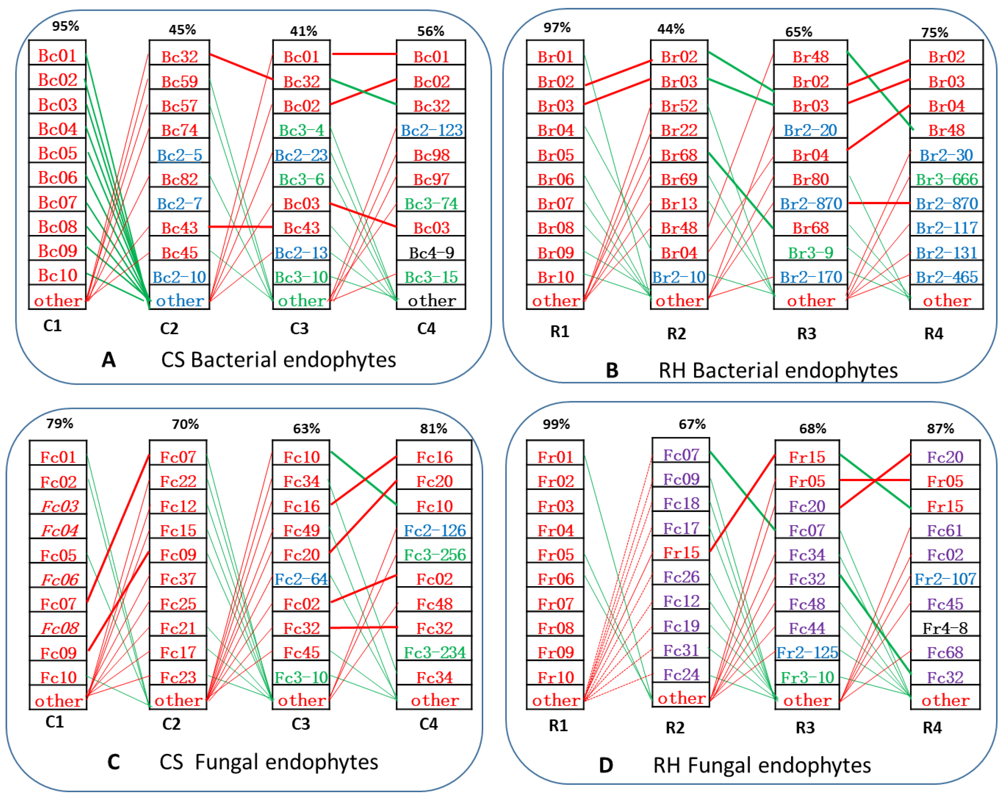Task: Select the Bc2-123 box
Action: (431, 130)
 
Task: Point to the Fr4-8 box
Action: (945, 628)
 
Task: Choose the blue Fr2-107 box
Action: (945, 579)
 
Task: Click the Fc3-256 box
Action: (434, 554)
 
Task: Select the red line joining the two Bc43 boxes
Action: (241, 227)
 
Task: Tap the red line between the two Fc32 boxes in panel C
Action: (363, 627)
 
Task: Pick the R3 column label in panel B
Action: (807, 333)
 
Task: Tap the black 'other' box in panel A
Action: (431, 301)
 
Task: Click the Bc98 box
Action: (431, 155)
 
